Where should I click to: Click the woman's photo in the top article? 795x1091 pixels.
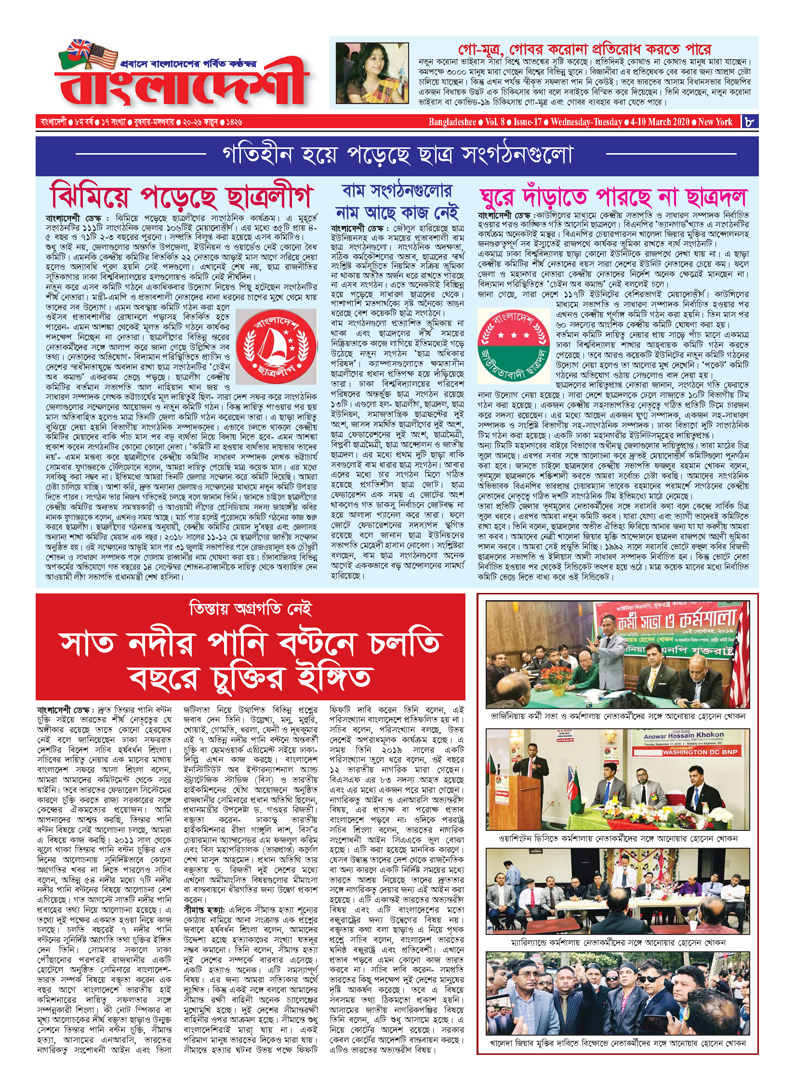coord(372,73)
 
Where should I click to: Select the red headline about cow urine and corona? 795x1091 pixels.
coord(584,49)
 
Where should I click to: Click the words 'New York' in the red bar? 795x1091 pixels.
coord(715,122)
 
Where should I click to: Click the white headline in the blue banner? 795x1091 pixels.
coord(397,155)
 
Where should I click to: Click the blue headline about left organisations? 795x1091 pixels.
coord(397,202)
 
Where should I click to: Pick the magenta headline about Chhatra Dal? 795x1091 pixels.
coord(613,197)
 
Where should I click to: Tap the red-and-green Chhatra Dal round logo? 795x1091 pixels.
coord(514,345)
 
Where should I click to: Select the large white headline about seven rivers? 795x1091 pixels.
coord(251,660)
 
